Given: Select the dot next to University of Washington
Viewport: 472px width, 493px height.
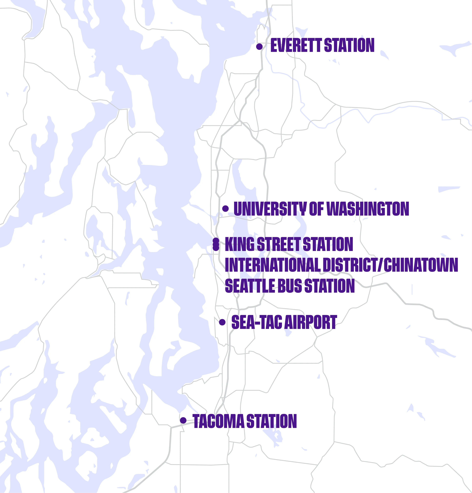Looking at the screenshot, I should pos(225,208).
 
